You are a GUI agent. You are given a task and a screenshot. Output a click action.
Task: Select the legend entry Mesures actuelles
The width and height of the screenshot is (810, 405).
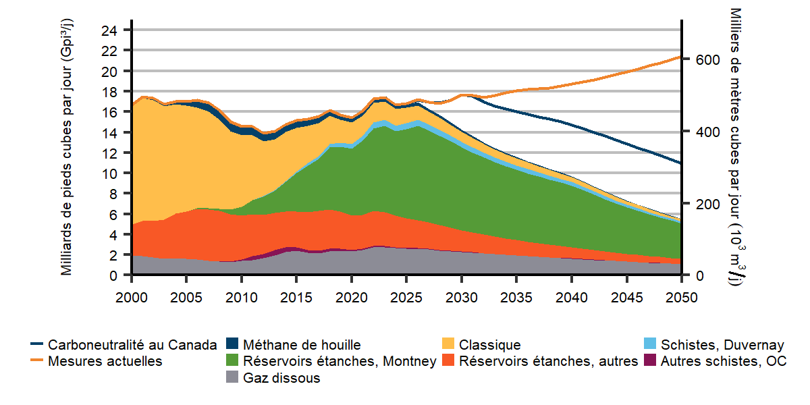click(105, 361)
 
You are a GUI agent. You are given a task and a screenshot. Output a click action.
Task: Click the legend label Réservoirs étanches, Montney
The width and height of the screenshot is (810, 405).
click(340, 361)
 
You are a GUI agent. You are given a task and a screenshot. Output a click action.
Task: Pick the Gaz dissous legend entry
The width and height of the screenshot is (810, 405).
click(281, 378)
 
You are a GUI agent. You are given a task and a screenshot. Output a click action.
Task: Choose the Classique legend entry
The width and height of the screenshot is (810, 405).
click(490, 345)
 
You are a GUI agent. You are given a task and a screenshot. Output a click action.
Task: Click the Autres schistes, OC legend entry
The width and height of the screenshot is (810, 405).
click(724, 361)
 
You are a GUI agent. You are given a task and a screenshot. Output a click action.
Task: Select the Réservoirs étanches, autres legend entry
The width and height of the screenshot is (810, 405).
click(548, 361)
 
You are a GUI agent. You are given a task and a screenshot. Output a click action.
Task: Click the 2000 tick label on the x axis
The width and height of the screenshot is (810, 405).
click(132, 298)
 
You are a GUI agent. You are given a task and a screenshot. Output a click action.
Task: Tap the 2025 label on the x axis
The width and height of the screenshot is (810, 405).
click(407, 298)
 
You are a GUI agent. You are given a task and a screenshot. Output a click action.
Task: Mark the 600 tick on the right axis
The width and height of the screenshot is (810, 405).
click(704, 59)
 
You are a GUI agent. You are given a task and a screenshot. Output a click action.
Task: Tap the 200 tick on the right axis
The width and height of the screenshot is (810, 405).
click(704, 204)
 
